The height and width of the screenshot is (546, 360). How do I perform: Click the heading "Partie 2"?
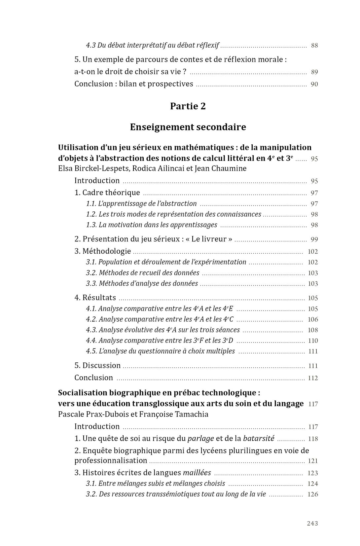(188, 106)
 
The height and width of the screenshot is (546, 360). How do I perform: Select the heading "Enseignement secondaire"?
(188, 127)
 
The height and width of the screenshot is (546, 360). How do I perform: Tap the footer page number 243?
(312, 523)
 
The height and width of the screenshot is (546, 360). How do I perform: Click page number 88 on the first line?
(314, 46)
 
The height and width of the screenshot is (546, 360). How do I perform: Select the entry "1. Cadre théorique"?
(107, 193)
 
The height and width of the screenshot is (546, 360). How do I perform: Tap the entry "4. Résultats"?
(95, 298)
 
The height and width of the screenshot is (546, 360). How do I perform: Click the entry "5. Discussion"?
(97, 365)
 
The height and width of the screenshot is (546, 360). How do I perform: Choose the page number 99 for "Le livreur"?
(314, 239)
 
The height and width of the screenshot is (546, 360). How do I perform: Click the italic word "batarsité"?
(258, 438)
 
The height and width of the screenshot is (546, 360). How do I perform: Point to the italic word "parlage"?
(200, 439)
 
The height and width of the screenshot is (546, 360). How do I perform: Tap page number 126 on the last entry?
(312, 494)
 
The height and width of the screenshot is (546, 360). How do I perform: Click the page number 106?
(312, 319)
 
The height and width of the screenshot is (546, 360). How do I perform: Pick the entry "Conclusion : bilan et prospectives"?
(133, 84)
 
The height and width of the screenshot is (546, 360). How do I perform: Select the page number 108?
(312, 330)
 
